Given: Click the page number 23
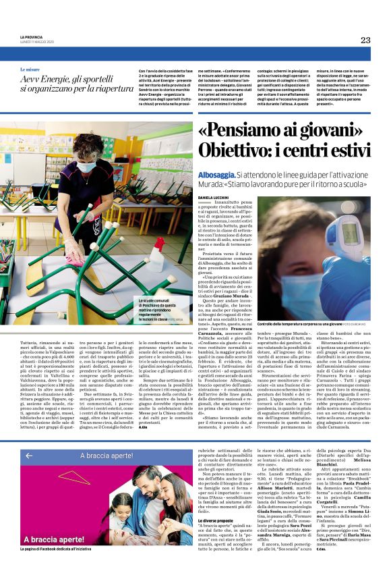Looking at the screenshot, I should [x=365, y=40].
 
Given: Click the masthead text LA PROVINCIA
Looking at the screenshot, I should [x=31, y=37].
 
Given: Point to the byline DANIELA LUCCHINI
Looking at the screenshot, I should [x=214, y=198].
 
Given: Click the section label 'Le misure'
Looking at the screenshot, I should [x=30, y=70].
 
